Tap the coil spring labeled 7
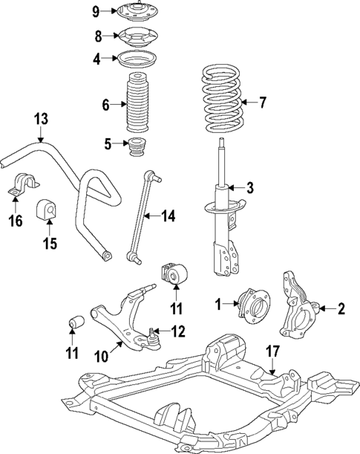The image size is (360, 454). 221,100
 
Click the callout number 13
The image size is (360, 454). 40,118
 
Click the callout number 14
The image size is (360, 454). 168,216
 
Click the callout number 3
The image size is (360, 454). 250,187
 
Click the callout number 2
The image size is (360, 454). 341,308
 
